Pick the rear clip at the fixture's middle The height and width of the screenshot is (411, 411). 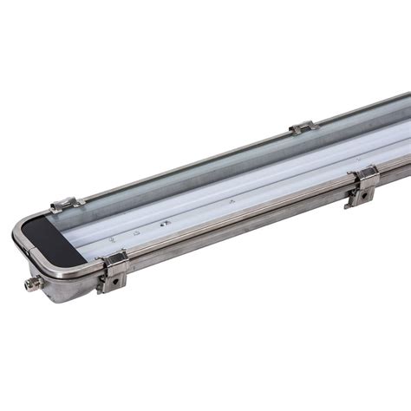point(303,127)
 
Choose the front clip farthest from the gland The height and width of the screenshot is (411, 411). point(362,185)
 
